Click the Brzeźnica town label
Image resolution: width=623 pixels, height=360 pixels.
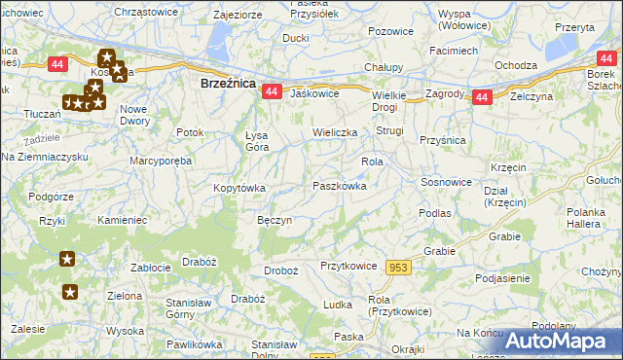pyautogui.click(x=228, y=85)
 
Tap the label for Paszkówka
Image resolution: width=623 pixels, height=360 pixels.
pyautogui.click(x=339, y=186)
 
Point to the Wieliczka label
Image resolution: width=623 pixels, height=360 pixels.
pyautogui.click(x=335, y=131)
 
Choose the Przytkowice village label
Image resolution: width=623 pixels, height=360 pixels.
pyautogui.click(x=348, y=265)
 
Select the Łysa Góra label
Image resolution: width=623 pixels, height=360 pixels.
pyautogui.click(x=257, y=141)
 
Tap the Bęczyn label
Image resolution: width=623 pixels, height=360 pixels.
pyautogui.click(x=275, y=221)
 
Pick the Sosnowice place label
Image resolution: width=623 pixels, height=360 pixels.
pyautogui.click(x=446, y=182)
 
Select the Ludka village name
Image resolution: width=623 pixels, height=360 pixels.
pyautogui.click(x=338, y=305)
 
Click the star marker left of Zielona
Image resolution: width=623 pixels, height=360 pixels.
pyautogui.click(x=70, y=291)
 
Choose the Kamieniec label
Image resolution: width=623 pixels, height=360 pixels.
pyautogui.click(x=123, y=221)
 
